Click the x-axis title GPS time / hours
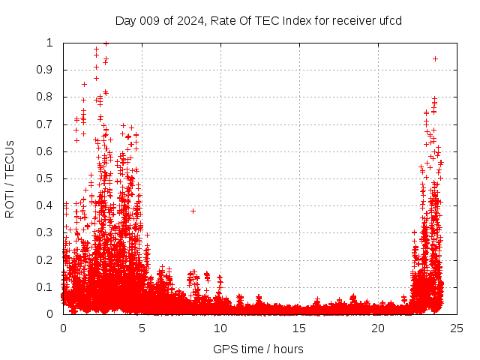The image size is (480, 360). pyautogui.click(x=259, y=349)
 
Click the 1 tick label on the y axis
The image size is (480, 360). pyautogui.click(x=52, y=43)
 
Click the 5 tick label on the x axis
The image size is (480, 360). pyautogui.click(x=142, y=328)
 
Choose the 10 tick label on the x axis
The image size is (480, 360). pyautogui.click(x=220, y=328)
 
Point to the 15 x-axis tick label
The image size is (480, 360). pyautogui.click(x=299, y=328)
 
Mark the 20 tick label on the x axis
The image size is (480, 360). pyautogui.click(x=378, y=328)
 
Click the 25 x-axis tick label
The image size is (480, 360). pyautogui.click(x=457, y=328)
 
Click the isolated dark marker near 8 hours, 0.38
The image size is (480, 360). pyautogui.click(x=193, y=211)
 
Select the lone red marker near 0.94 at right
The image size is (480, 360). pyautogui.click(x=435, y=58)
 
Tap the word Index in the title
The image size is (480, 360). pyautogui.click(x=289, y=20)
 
